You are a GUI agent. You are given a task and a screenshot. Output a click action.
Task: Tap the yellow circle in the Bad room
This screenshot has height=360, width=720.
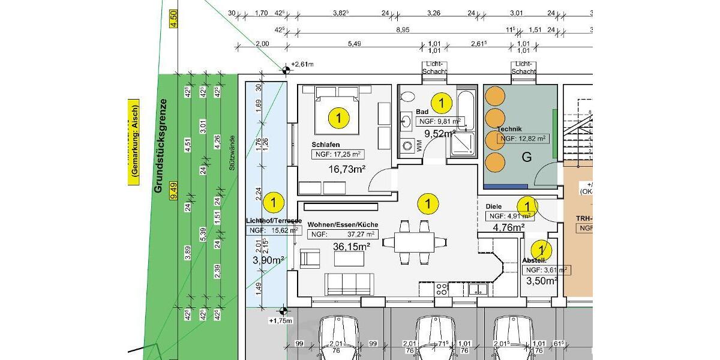click(442, 103)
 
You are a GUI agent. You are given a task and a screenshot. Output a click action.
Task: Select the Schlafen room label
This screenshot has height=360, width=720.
click(326, 145)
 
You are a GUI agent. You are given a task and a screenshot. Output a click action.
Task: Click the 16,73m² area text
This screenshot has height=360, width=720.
click(346, 169)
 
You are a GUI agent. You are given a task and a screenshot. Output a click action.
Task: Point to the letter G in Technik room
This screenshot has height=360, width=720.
click(526, 158)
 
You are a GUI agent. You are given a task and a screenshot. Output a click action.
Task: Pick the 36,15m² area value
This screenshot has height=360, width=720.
click(351, 246)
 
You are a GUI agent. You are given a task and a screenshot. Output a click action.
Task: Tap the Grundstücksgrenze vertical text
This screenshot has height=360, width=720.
click(159, 145)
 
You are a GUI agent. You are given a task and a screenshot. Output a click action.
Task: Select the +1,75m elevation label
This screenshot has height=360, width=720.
click(280, 320)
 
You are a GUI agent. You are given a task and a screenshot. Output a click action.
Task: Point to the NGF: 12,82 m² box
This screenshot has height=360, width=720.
click(523, 139)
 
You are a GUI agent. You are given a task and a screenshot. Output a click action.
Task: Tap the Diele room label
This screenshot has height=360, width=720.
click(493, 206)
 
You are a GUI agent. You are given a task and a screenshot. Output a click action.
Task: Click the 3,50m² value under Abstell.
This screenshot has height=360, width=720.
click(542, 281)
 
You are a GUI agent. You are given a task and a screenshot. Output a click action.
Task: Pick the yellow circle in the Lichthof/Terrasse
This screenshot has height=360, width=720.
click(274, 202)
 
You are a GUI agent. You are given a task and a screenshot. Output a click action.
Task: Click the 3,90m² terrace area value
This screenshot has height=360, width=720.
click(268, 260)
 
